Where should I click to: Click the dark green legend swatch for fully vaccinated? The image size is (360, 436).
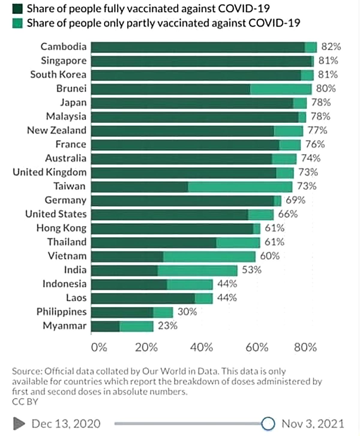[17, 9]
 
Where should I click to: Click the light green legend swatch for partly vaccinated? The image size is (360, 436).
[17, 23]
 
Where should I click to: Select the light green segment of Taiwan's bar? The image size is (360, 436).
[240, 187]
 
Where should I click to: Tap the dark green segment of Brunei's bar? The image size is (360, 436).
[170, 89]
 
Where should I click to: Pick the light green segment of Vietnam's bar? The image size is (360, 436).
[209, 257]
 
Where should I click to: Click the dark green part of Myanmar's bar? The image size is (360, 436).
[105, 326]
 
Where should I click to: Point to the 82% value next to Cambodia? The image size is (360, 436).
[331, 47]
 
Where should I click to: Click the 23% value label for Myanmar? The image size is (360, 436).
[167, 326]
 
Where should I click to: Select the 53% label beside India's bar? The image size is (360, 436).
[251, 270]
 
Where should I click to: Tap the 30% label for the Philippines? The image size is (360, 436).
[187, 312]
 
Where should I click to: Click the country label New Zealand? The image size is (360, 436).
[57, 131]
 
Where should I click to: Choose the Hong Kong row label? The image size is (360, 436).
[61, 228]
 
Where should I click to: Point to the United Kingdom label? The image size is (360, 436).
[49, 172]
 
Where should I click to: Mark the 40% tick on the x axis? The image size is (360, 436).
[201, 347]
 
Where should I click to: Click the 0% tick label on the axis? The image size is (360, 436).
[99, 347]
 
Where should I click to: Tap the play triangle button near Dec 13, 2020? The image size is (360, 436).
[19, 424]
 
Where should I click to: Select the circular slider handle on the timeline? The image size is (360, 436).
[268, 424]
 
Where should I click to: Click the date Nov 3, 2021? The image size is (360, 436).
[313, 424]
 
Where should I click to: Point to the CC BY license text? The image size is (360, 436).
[25, 402]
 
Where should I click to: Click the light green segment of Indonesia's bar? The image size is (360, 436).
[190, 284]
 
